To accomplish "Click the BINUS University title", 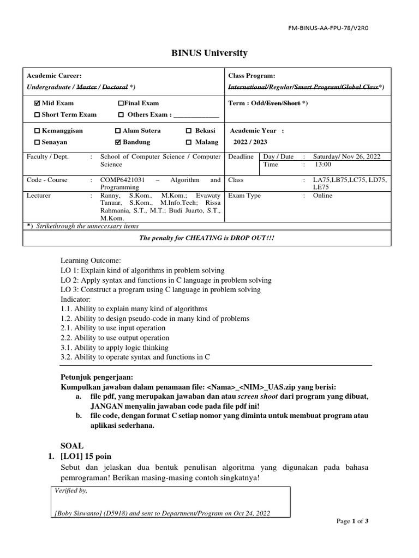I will click(209, 53).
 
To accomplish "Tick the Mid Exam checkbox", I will click(37, 103).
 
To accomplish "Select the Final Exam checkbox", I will click(121, 103).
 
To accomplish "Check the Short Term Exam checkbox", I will click(37, 114).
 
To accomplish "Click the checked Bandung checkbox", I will click(118, 142).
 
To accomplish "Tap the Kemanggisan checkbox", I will click(37, 131).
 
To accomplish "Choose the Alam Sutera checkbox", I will click(118, 131).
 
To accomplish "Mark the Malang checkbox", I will click(189, 142).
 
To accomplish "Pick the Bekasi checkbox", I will click(189, 131).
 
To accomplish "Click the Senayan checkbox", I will click(37, 142).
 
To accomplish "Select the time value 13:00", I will click(323, 164).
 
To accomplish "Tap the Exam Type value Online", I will click(322, 195).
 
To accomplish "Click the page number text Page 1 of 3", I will click(352, 521).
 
